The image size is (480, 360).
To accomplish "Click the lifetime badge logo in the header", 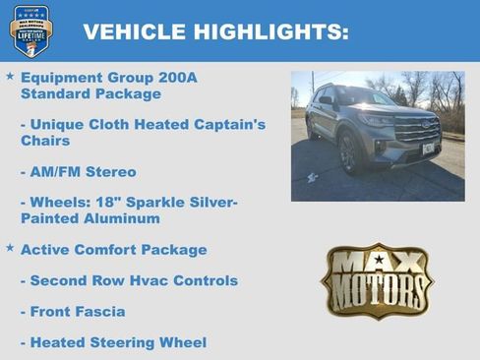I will point(31,31).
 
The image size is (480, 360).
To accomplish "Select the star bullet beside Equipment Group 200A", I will point(10,76).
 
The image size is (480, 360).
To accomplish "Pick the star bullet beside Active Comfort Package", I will point(10,248).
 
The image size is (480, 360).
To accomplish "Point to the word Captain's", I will point(230,125).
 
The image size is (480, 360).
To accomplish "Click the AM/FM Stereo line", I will point(84,172).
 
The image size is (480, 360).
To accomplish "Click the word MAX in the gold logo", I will point(377,263).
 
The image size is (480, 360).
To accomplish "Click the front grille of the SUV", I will point(416,129).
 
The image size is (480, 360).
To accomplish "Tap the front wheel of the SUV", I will point(347,152).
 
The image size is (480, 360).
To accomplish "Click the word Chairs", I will point(46,141).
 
